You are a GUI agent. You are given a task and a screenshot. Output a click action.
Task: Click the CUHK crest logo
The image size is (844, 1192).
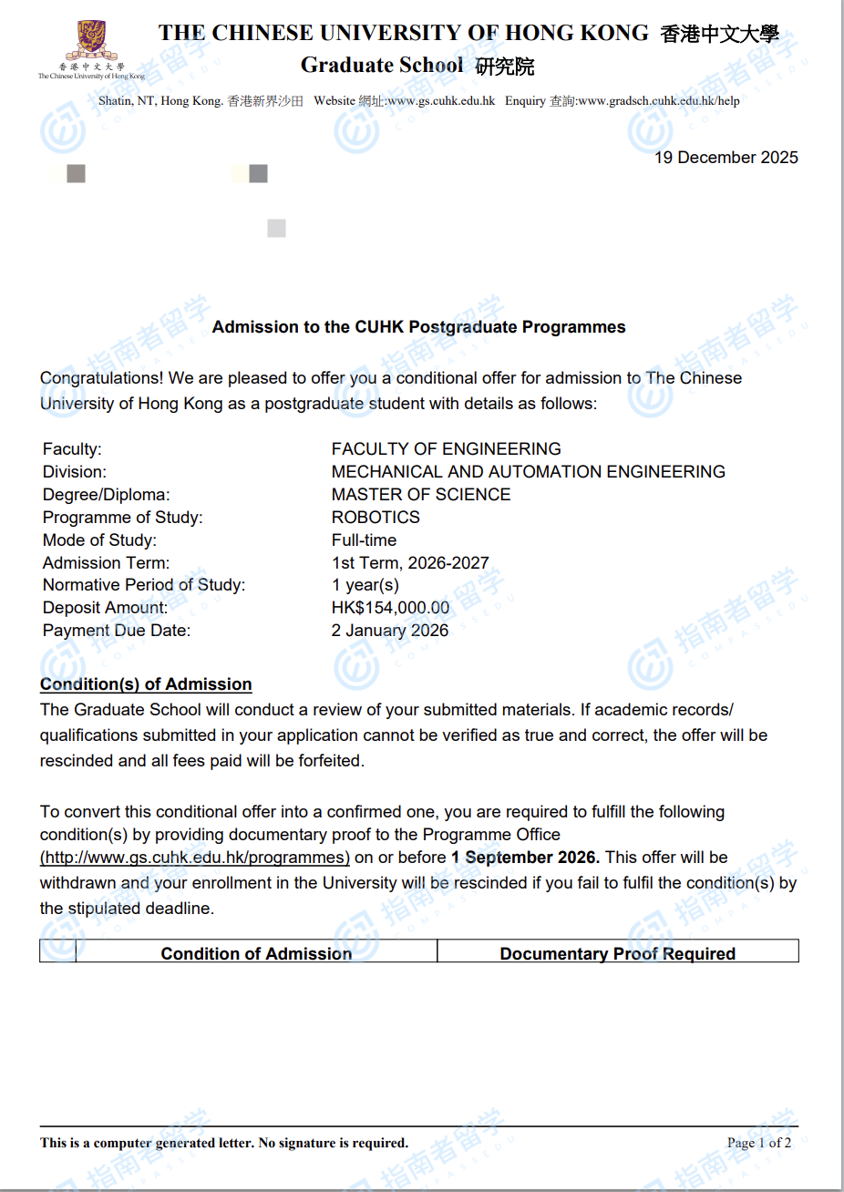91,42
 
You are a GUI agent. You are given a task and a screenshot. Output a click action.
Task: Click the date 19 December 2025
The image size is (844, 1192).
726,158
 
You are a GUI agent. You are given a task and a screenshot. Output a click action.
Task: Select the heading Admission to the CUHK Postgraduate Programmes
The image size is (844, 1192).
418,327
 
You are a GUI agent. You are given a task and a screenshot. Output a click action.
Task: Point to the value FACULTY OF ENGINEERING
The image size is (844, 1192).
446,449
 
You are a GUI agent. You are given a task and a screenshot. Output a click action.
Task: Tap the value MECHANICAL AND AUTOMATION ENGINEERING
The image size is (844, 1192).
528,472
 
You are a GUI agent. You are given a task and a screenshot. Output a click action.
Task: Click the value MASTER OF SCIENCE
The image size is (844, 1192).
420,495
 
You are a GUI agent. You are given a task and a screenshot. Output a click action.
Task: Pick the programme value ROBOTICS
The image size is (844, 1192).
376,518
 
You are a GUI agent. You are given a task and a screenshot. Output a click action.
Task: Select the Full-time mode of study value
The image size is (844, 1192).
364,540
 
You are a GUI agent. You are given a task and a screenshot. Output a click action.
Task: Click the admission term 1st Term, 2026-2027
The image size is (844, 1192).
410,563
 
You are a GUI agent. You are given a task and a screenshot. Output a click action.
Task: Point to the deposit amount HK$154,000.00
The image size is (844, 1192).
390,608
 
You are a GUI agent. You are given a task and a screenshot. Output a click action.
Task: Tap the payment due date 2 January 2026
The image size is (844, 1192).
390,631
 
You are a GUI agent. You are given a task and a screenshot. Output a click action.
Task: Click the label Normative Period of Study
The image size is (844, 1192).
143,585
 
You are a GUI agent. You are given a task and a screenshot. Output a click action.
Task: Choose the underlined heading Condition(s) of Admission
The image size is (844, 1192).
146,684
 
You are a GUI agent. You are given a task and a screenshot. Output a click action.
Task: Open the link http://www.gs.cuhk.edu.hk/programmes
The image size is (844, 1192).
195,858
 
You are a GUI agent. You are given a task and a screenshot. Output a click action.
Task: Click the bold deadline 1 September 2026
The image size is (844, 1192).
525,858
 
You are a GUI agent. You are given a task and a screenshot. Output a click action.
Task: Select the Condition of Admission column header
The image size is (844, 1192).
256,953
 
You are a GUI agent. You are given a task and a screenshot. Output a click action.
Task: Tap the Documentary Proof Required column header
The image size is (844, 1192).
617,953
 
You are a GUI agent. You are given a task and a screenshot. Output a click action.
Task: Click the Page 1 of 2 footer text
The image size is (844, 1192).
758,1143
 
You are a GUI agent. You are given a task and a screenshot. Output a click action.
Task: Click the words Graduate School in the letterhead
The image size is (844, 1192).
382,66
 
